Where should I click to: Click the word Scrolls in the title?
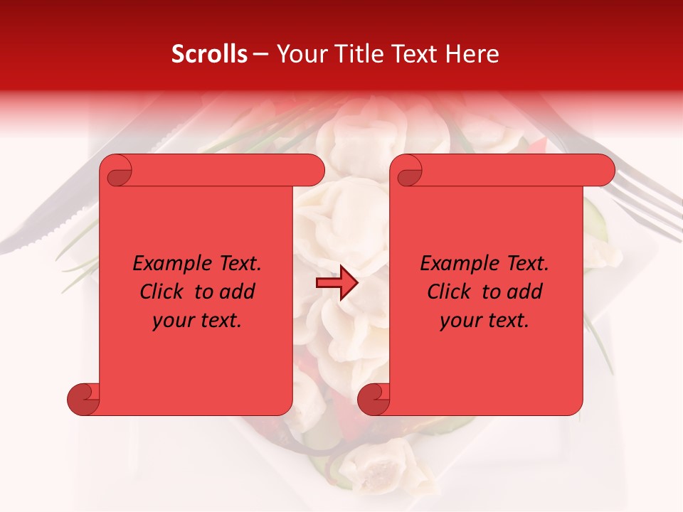click(x=209, y=54)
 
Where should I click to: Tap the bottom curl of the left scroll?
click(x=83, y=400)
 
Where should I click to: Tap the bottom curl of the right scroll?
click(x=373, y=400)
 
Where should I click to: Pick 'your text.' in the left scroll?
click(x=197, y=321)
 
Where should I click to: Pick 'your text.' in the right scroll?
click(x=485, y=321)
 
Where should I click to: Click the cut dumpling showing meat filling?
click(x=377, y=466)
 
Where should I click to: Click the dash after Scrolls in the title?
click(x=260, y=54)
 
